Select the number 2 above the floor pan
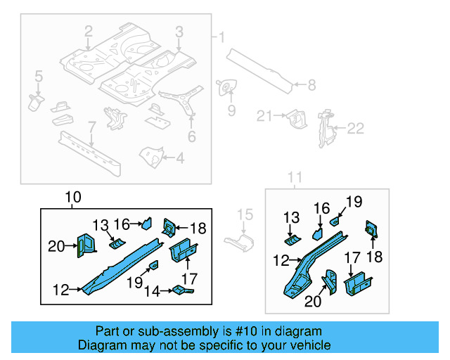click(x=89, y=31)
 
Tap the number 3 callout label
click(x=179, y=31)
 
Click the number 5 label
click(x=39, y=75)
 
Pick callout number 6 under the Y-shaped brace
click(x=191, y=136)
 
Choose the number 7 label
click(x=91, y=127)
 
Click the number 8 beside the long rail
click(x=311, y=85)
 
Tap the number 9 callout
click(x=231, y=110)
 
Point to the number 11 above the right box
click(x=295, y=176)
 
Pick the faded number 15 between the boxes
click(x=244, y=214)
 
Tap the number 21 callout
click(x=264, y=116)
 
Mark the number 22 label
click(x=356, y=128)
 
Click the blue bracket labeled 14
click(x=181, y=289)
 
